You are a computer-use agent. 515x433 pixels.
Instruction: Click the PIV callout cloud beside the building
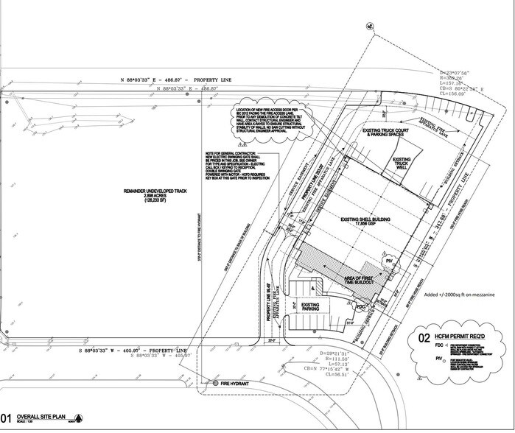(x=388, y=261)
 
